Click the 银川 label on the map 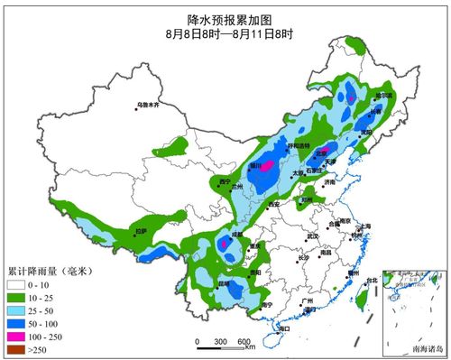pos(255,166)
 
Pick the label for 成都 pos(236,235)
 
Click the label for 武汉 pos(312,236)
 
